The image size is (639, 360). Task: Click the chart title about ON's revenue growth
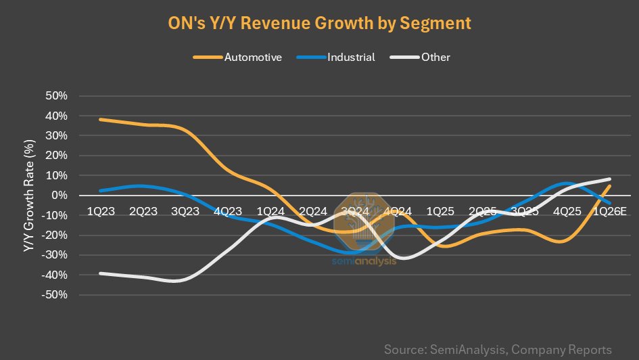(x=318, y=23)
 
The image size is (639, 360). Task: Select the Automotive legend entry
(x=237, y=58)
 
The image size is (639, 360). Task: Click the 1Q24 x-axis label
(x=270, y=212)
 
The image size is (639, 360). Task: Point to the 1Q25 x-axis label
(x=440, y=212)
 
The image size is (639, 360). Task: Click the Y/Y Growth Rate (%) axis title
(x=28, y=196)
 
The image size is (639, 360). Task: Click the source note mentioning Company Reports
(x=498, y=350)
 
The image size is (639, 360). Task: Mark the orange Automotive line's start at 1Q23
(x=101, y=120)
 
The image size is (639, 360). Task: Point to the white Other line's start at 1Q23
(x=101, y=273)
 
